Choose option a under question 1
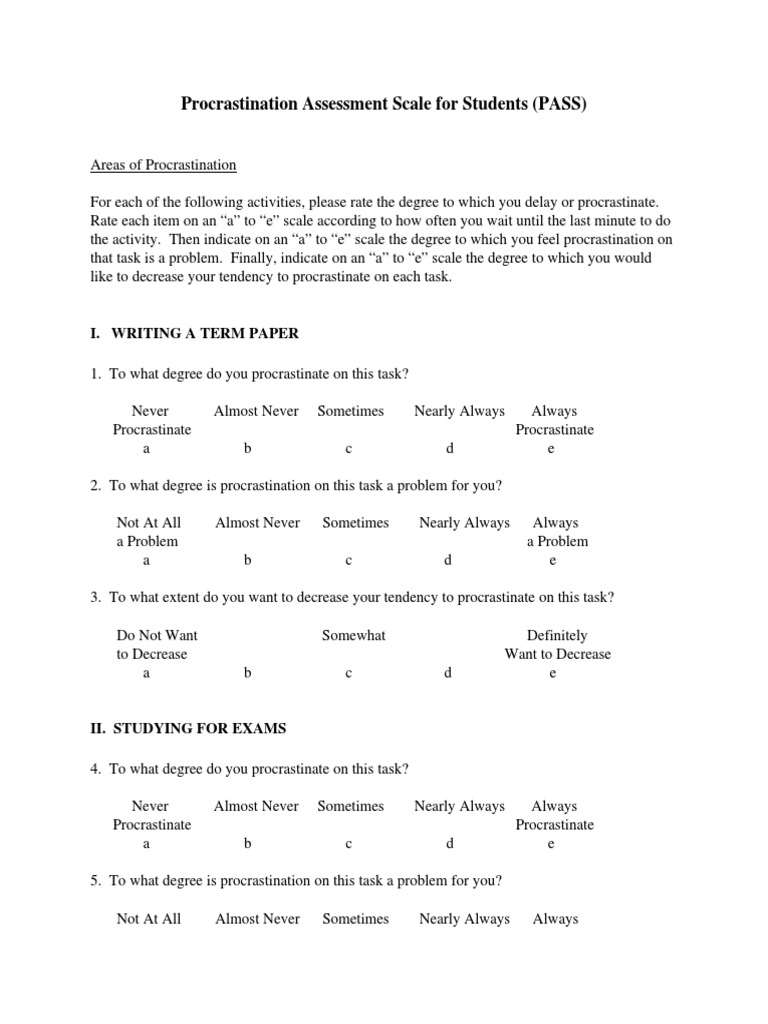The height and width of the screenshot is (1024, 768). pyautogui.click(x=146, y=448)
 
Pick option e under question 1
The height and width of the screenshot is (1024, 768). pyautogui.click(x=551, y=448)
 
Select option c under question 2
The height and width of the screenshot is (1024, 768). pyautogui.click(x=349, y=560)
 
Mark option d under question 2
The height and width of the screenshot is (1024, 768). pyautogui.click(x=449, y=560)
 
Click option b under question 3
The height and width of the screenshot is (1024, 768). pyautogui.click(x=248, y=673)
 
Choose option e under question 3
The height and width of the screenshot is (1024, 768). pyautogui.click(x=552, y=673)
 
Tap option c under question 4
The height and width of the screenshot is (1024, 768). pyautogui.click(x=349, y=843)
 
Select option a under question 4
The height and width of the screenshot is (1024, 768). pyautogui.click(x=146, y=843)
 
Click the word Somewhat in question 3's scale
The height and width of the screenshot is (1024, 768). pyautogui.click(x=354, y=635)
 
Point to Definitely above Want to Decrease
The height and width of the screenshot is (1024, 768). pyautogui.click(x=557, y=635)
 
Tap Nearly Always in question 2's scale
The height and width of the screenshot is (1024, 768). pyautogui.click(x=464, y=522)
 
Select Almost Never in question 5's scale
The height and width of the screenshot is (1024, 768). pyautogui.click(x=257, y=918)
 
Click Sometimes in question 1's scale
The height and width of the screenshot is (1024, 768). pyautogui.click(x=351, y=410)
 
